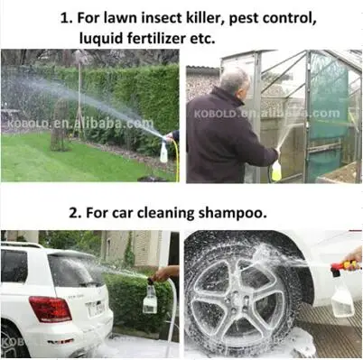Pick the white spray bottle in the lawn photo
click(x=163, y=151)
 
